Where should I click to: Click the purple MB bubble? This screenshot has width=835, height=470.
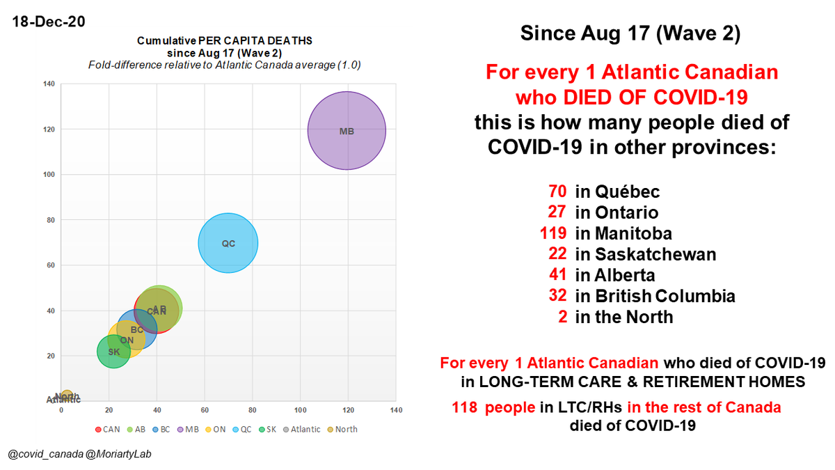point(347,130)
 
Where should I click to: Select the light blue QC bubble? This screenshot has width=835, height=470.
point(228,244)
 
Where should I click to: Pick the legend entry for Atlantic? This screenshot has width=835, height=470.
point(301,429)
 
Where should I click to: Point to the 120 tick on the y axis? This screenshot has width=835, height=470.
point(48,130)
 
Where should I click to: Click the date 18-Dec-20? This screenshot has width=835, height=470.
point(48,22)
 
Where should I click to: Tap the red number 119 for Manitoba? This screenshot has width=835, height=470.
point(554,233)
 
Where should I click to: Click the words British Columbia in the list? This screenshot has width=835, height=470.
point(665,296)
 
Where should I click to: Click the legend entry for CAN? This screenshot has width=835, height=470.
point(106,429)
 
